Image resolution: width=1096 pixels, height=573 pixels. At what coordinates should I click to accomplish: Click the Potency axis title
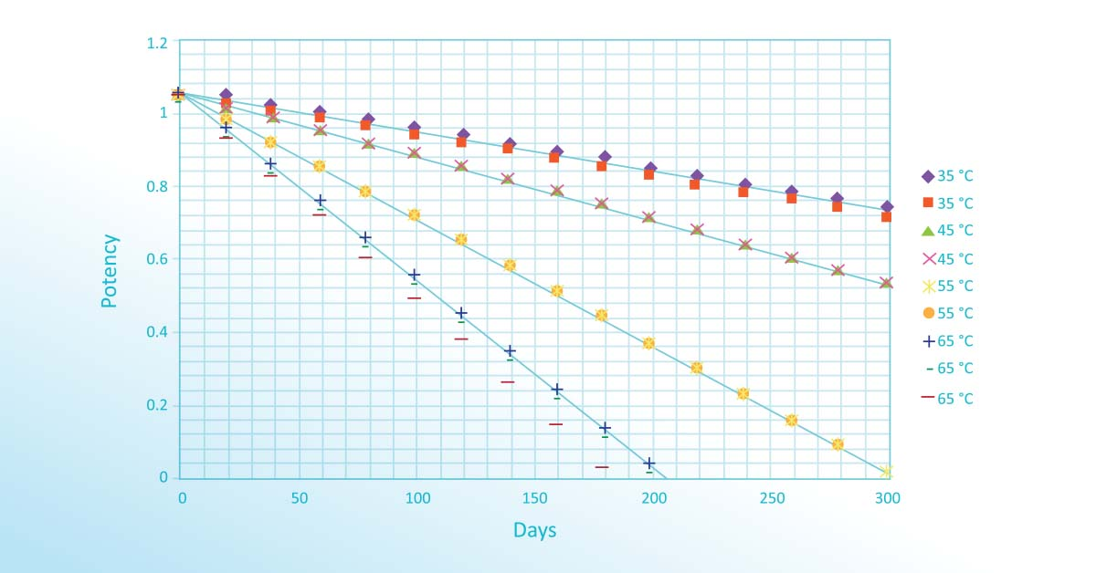pos(110,271)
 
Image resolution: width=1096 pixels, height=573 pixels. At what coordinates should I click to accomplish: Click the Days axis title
pos(534,530)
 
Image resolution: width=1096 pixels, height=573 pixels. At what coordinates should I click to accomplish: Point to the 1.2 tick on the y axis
pos(158,43)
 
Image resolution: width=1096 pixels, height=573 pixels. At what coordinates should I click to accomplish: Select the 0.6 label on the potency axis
pos(158,260)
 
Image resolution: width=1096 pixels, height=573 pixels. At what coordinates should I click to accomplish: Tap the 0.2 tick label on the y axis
pos(158,406)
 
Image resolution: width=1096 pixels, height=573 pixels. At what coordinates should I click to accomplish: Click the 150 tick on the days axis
pos(534,498)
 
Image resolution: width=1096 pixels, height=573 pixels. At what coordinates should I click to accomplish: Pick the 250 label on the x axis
pos(769,498)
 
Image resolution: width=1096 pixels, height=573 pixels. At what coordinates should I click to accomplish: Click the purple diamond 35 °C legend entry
pos(946,176)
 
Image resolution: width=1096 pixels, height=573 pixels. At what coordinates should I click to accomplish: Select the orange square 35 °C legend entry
pos(946,203)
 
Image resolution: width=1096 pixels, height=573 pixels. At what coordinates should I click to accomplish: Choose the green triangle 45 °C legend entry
pos(946,231)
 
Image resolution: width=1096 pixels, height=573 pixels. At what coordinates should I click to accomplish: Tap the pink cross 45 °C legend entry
pos(946,259)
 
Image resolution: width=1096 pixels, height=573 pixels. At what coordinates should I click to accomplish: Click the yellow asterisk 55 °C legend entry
pos(946,286)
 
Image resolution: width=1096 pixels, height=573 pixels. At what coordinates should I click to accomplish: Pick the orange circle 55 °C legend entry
pos(946,313)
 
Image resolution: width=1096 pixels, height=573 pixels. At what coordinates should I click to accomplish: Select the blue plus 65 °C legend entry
pos(946,341)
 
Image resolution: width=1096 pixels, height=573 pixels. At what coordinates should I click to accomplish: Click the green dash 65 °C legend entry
pos(946,369)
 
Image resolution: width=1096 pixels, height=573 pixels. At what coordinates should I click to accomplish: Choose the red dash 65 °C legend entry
pos(946,398)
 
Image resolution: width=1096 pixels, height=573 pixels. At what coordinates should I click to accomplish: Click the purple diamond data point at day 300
pos(887,207)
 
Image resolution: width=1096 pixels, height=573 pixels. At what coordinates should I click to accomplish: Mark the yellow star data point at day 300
pos(886,472)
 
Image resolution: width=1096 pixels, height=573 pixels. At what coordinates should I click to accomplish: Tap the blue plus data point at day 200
pos(649,464)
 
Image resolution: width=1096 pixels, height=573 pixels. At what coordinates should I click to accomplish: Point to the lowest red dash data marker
pos(602,467)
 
